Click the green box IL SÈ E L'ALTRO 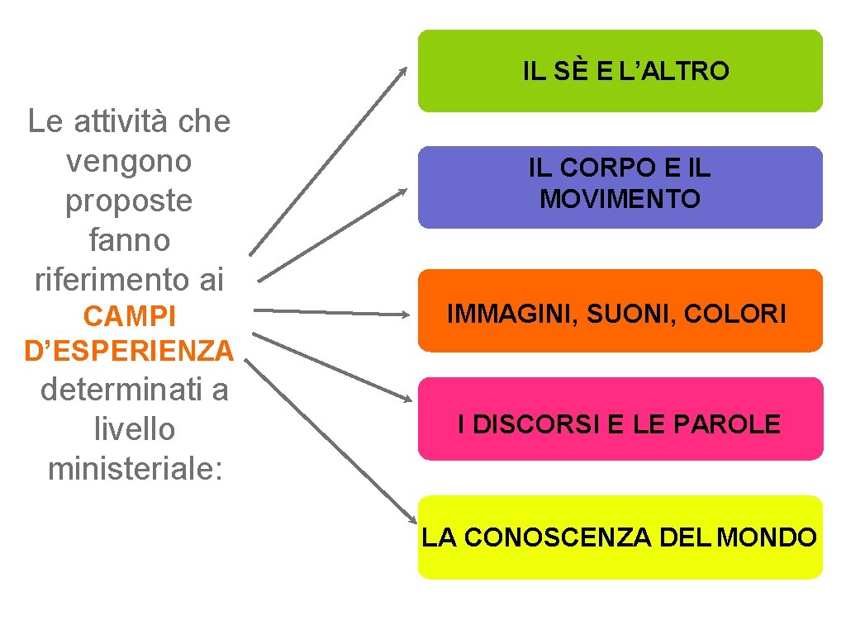[x=620, y=71]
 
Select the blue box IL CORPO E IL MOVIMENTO [x=620, y=187]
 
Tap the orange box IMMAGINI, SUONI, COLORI [x=620, y=311]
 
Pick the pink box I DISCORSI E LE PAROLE [x=620, y=419]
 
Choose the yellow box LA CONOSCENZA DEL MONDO [x=620, y=537]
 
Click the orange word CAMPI [x=129, y=317]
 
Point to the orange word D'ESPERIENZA [x=130, y=352]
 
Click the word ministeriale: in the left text [x=135, y=469]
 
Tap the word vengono [x=129, y=161]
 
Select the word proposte [x=129, y=201]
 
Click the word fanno [x=129, y=240]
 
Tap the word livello [x=135, y=429]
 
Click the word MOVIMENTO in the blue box [x=620, y=199]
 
